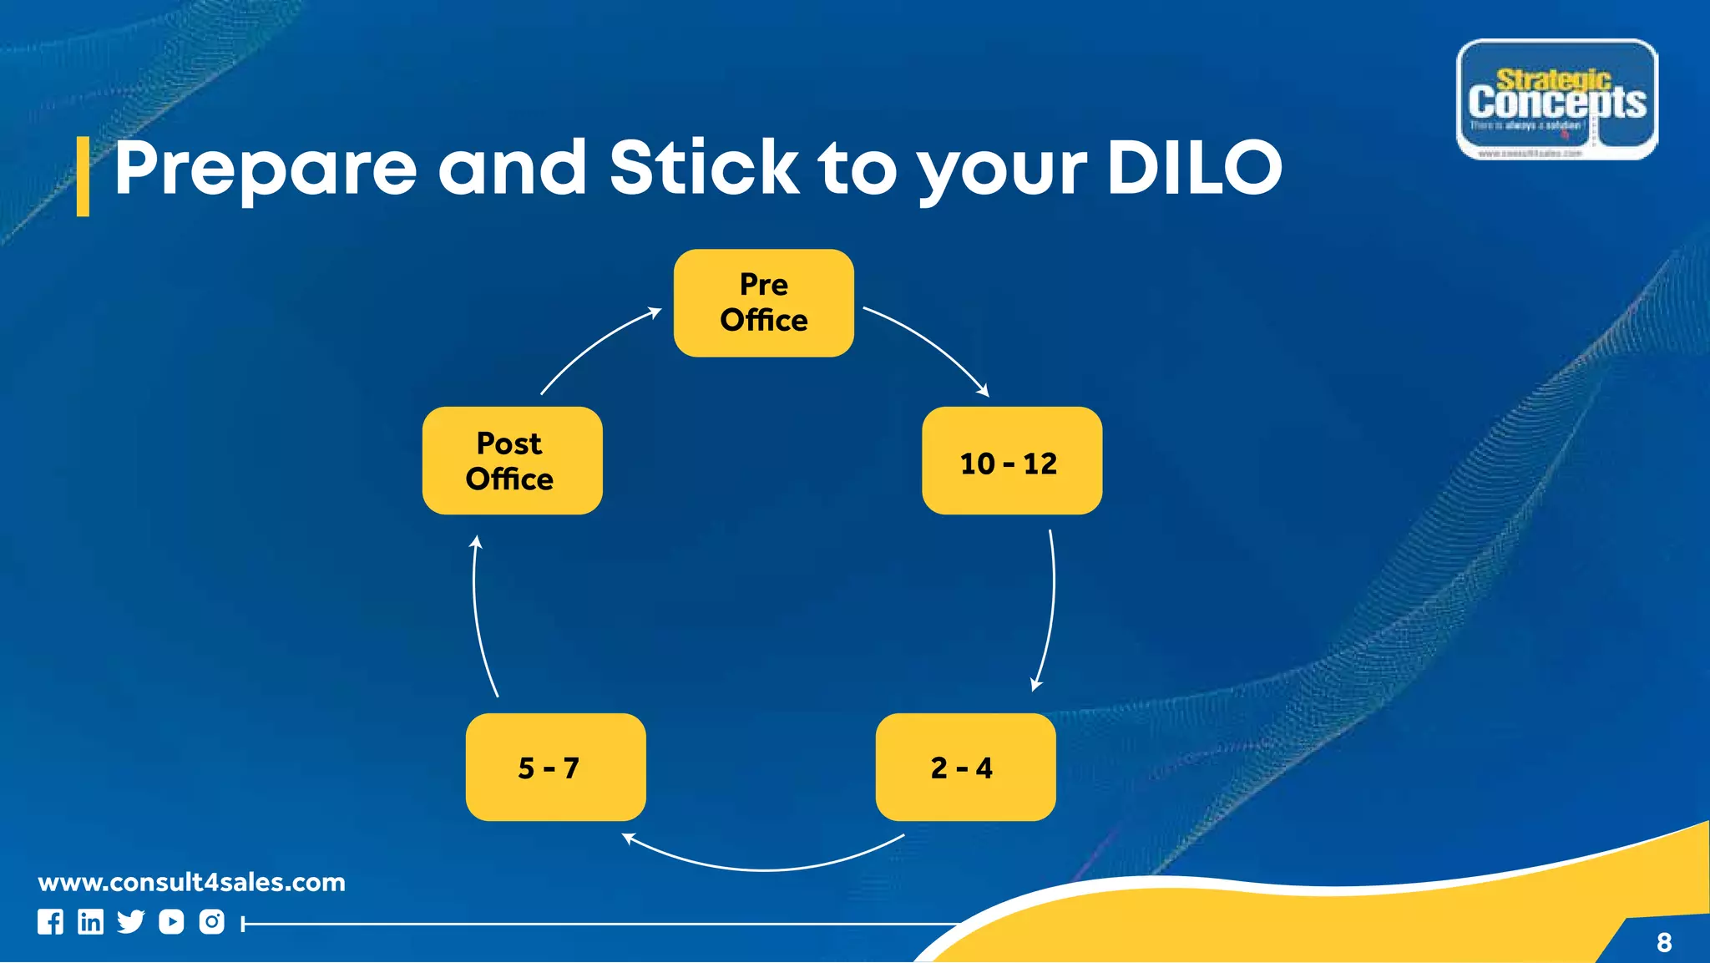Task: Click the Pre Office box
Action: click(x=763, y=303)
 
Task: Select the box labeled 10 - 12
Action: click(x=1011, y=461)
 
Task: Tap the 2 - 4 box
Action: click(x=965, y=767)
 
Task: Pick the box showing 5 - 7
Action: click(x=555, y=767)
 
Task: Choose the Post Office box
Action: click(x=512, y=461)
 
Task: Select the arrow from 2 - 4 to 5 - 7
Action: click(x=764, y=869)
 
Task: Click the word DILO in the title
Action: click(x=1194, y=168)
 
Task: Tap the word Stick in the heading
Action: click(x=704, y=168)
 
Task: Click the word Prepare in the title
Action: click(x=266, y=170)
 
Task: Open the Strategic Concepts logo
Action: click(x=1556, y=99)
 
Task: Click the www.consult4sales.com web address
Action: click(x=191, y=882)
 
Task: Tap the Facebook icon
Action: click(x=50, y=922)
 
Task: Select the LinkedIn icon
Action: click(x=90, y=922)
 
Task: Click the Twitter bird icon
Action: click(x=130, y=922)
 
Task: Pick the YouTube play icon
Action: click(x=171, y=922)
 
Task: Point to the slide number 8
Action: click(x=1663, y=943)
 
